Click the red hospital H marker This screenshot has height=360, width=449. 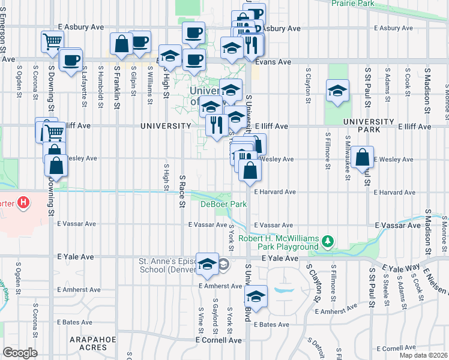click(x=23, y=203)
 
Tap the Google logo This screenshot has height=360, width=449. click(x=20, y=353)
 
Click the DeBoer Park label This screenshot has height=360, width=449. click(x=223, y=205)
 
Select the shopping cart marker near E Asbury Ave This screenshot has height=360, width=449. click(x=52, y=41)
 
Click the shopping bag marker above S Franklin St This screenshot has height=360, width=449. click(x=121, y=44)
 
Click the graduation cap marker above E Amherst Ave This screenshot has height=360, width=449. click(x=207, y=264)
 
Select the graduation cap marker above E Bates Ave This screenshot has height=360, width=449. click(x=256, y=297)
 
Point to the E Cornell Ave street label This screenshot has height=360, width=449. click(x=218, y=340)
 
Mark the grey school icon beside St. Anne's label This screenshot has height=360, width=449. click(x=223, y=264)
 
